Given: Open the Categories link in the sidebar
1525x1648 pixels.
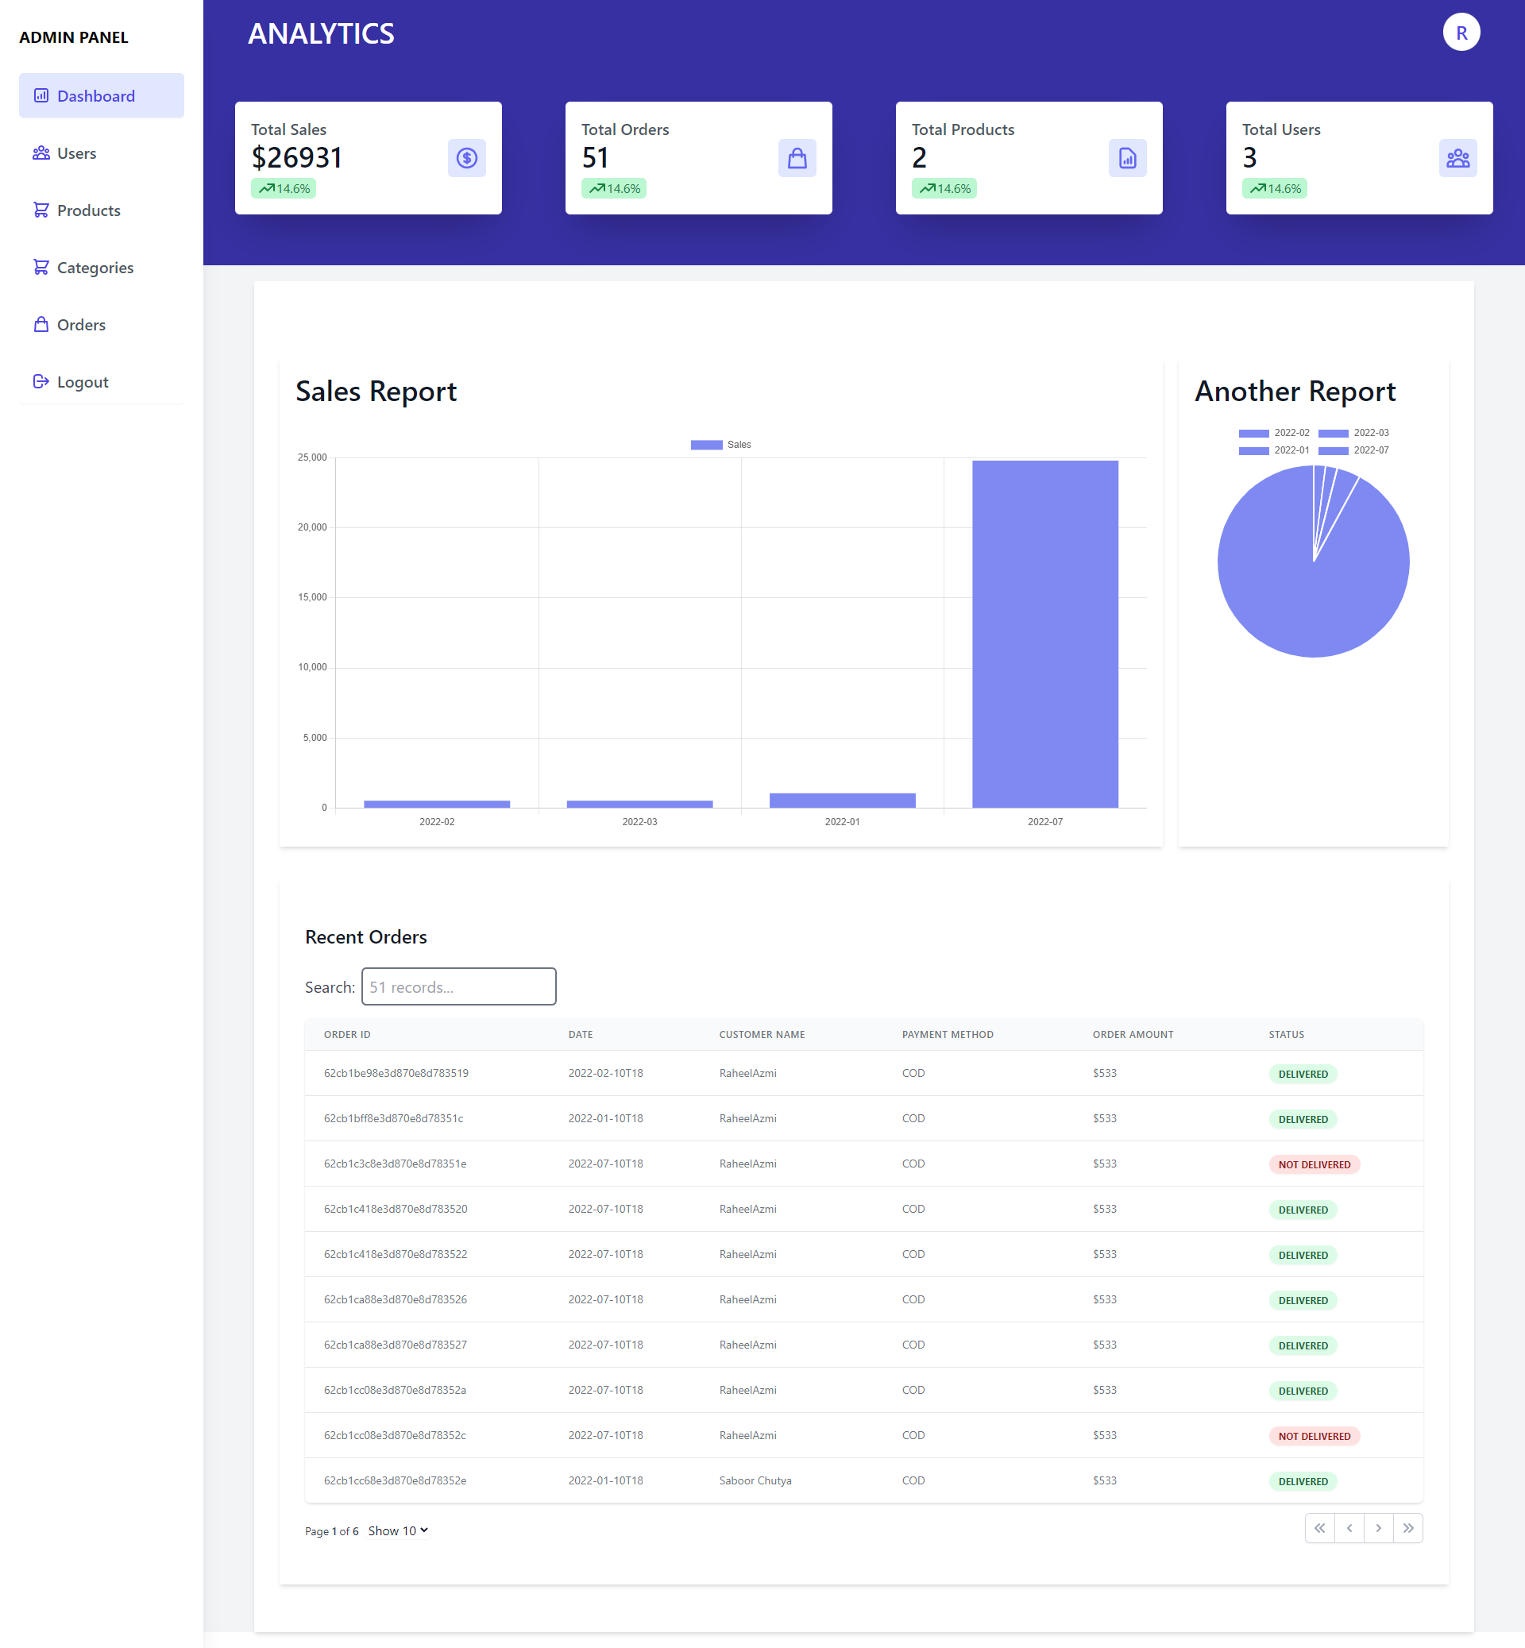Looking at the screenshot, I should [x=95, y=268].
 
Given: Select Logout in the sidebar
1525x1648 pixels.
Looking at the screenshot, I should [x=83, y=382].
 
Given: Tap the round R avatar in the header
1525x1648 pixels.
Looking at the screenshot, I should [x=1461, y=33].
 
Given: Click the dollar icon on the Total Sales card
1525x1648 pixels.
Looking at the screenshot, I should [x=466, y=157].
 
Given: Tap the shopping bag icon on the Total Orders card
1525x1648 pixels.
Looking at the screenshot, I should [x=797, y=157].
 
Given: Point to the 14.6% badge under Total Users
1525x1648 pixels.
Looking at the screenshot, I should [x=1274, y=189].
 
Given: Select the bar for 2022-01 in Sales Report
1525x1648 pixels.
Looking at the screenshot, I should [x=842, y=800].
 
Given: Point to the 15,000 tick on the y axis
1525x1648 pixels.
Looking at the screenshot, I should [x=312, y=597].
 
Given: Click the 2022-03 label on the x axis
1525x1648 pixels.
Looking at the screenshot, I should [x=639, y=822].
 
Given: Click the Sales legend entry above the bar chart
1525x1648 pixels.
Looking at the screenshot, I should [x=720, y=445].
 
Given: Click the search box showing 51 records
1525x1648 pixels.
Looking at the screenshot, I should [x=459, y=987].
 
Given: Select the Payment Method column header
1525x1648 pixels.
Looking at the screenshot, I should [x=948, y=1035].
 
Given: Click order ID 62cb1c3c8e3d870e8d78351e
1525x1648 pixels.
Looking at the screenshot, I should [x=395, y=1164].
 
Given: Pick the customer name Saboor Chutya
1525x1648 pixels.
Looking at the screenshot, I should [x=755, y=1480].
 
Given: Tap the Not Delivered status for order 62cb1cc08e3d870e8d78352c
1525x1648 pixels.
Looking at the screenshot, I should [x=1314, y=1436].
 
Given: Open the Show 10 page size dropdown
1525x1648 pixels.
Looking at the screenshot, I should [x=399, y=1530].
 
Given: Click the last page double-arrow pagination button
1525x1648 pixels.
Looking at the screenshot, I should [x=1407, y=1528].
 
